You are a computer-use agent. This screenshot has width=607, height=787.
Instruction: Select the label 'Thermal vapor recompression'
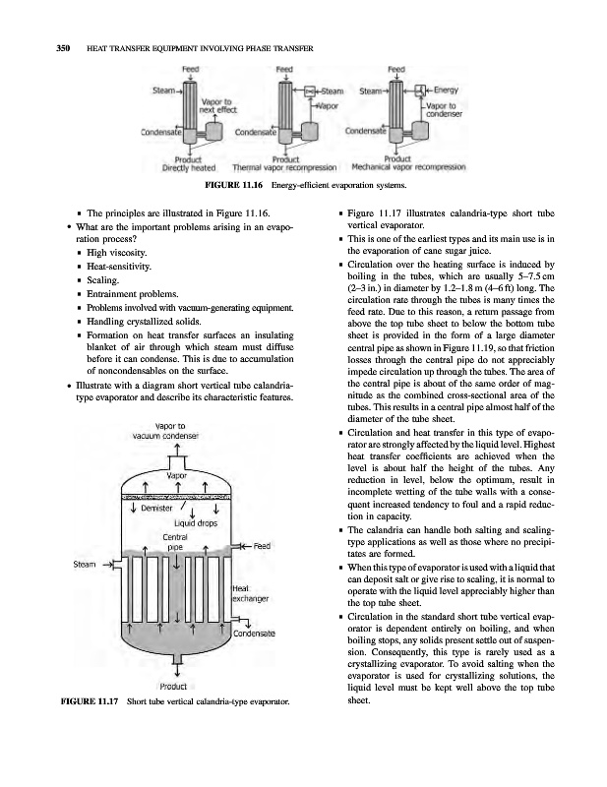284,167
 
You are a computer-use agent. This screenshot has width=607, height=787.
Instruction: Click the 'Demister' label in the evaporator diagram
159,509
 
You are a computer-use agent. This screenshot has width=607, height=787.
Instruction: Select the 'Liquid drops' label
195,523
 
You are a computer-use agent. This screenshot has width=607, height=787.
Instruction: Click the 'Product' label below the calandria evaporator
174,686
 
